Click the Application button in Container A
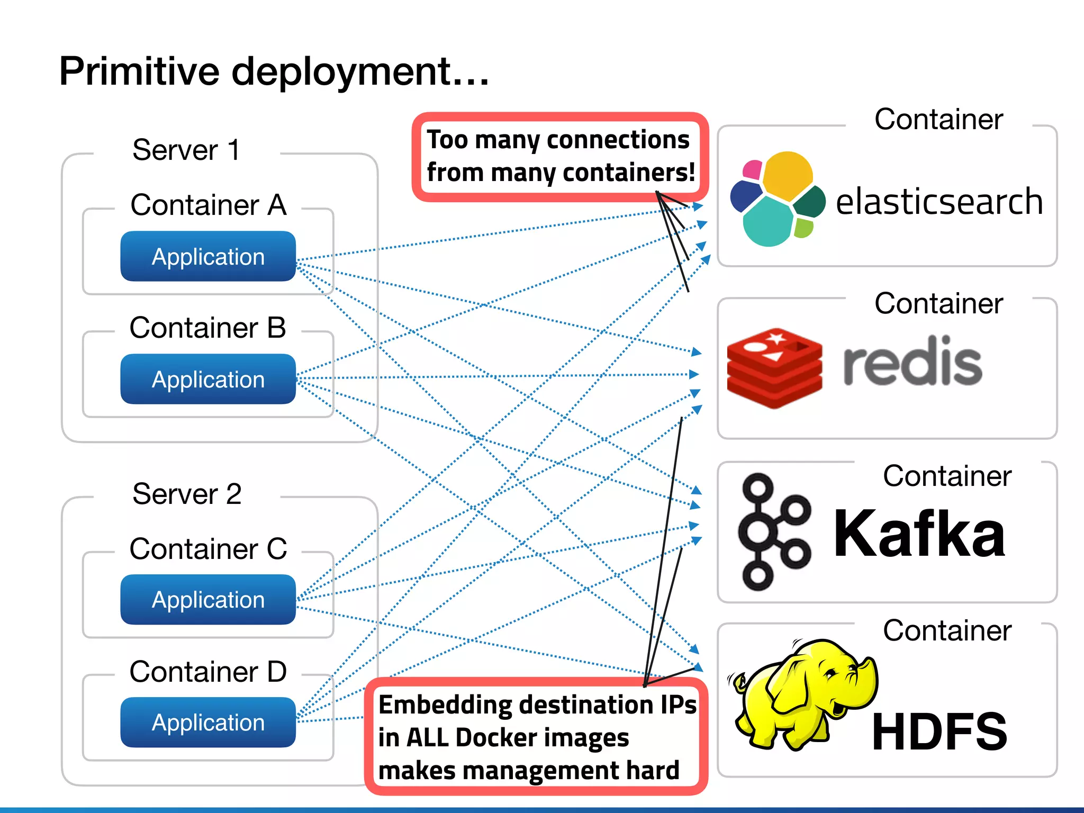208,256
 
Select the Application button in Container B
208,379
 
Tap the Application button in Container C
208,599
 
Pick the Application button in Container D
208,722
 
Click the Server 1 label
186,150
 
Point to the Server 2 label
187,494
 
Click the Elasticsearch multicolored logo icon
777,200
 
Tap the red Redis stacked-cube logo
774,368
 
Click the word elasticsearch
939,202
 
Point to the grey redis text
913,362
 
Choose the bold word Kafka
919,533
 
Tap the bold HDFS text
939,731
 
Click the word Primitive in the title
139,71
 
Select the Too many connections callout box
560,157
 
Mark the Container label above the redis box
938,303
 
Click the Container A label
208,205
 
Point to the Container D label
208,672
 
